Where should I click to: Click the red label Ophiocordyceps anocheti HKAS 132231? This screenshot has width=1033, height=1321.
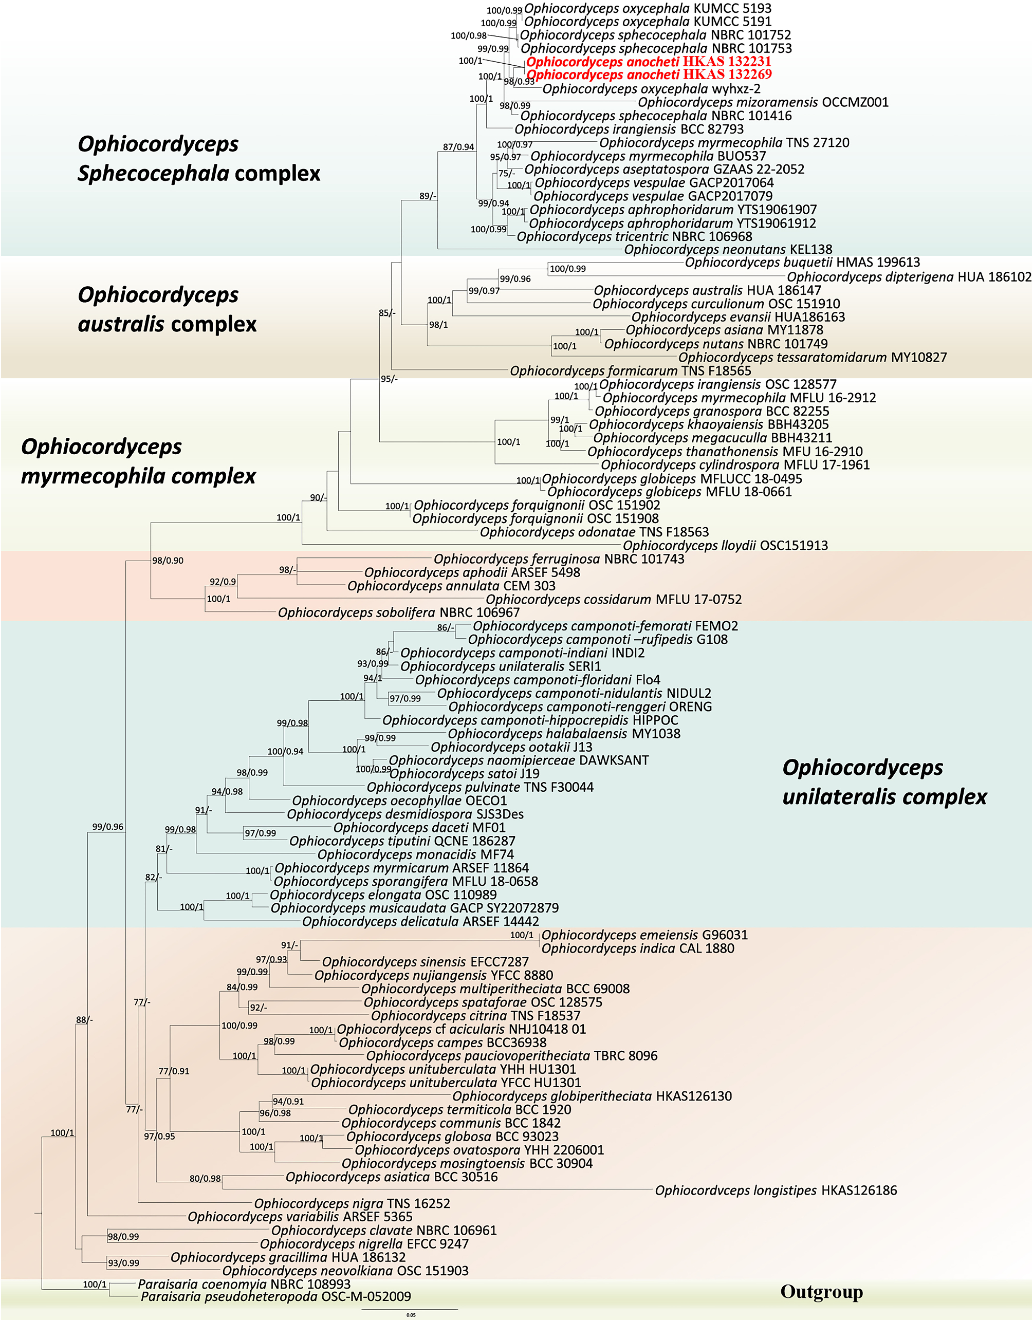[648, 62]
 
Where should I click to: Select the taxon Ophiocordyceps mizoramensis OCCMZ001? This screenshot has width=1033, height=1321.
[763, 102]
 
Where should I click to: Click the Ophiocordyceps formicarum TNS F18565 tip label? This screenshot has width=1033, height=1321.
[630, 371]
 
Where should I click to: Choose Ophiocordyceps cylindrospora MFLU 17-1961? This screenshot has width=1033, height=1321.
[734, 465]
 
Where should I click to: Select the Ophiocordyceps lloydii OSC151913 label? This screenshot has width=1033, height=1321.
[725, 546]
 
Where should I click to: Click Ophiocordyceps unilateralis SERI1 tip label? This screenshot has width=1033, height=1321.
[501, 666]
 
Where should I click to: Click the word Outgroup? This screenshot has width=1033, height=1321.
[821, 1292]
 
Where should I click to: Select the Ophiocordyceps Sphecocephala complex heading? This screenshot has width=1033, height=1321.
[198, 158]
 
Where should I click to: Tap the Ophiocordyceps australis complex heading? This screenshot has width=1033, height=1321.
[167, 309]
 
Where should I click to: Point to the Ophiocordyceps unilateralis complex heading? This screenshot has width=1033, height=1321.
[883, 782]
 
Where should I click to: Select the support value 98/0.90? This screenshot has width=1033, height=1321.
[168, 561]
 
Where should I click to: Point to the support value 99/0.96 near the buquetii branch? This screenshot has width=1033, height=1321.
[514, 279]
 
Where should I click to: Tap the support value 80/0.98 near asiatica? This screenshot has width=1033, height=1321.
[205, 1179]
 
